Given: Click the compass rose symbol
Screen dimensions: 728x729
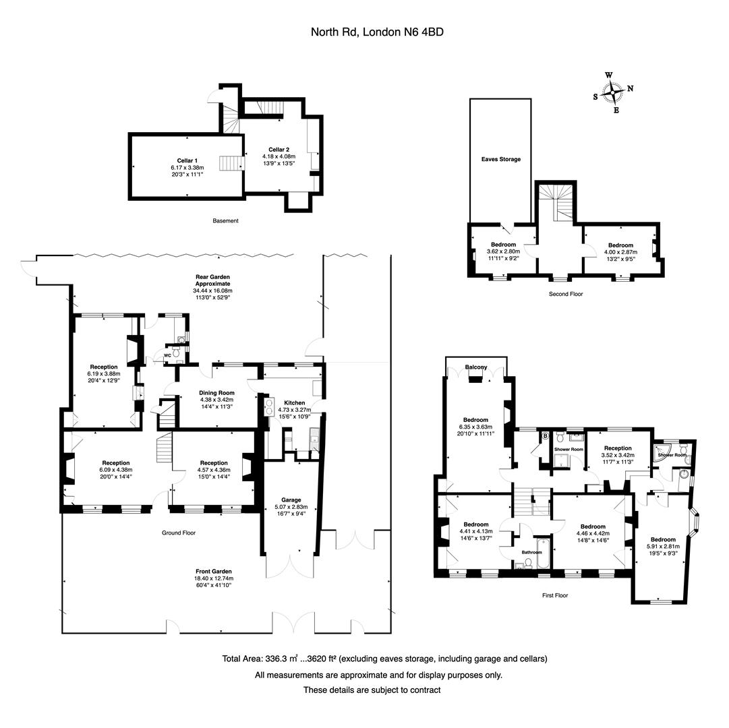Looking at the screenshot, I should coord(613,92).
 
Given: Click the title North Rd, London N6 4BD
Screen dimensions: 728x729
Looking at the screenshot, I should coord(376,32).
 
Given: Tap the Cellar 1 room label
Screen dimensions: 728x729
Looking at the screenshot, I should coord(187,160).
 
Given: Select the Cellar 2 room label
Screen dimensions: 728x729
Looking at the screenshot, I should coord(279,150).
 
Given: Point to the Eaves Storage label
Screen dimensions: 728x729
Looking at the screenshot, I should coord(500,160).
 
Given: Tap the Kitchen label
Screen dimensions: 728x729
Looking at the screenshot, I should coord(294,403).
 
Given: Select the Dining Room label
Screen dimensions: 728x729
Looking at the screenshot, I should coord(216,393).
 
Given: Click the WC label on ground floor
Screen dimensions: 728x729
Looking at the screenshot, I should coord(167,356).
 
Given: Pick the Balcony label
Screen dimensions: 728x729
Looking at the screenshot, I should coord(476,367).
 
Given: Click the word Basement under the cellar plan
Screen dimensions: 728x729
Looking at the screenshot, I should coord(225,220).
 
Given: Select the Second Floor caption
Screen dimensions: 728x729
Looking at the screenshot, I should coord(566,294).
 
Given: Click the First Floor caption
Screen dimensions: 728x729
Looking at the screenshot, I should coord(555,595).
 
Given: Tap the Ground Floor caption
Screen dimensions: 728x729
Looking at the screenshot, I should coord(178,533).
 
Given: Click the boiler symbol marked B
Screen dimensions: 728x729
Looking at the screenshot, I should coord(544,435).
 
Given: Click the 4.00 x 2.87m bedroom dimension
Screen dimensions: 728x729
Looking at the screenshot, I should coord(620,253).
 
